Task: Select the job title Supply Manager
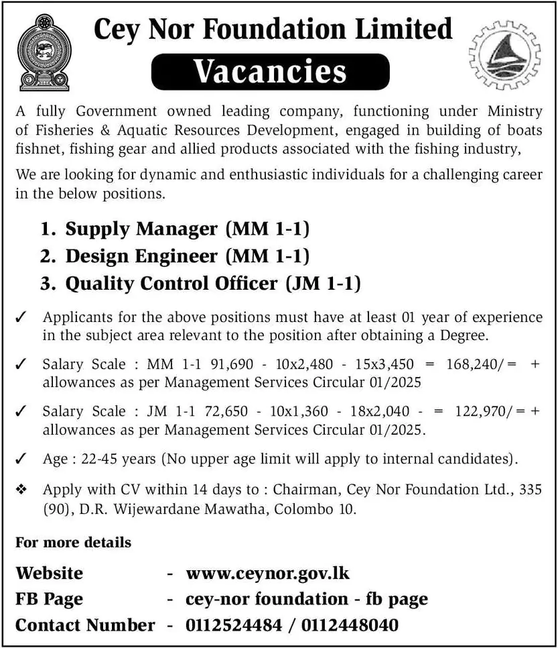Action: tap(141, 229)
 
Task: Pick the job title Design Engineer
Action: tap(141, 256)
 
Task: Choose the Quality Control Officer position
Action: tap(171, 283)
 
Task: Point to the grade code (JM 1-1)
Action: tap(323, 283)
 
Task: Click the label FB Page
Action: tap(49, 599)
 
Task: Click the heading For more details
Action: tap(73, 542)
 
